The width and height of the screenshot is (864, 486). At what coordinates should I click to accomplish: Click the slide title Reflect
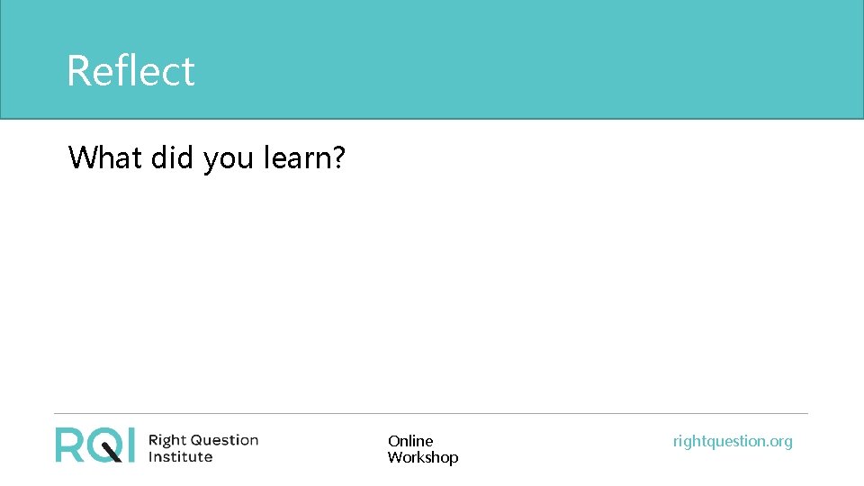click(x=130, y=71)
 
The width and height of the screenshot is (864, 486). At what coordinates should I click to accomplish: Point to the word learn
click(x=296, y=157)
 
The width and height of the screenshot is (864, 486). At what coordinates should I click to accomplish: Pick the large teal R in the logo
click(x=69, y=445)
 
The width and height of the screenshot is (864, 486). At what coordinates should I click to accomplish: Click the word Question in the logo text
click(x=222, y=440)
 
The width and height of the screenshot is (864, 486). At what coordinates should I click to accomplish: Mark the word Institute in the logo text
click(x=180, y=456)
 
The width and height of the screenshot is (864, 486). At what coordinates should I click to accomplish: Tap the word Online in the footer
click(x=410, y=441)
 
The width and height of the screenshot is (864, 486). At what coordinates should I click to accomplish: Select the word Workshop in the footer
click(x=423, y=457)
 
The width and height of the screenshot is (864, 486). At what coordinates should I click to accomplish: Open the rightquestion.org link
click(x=733, y=441)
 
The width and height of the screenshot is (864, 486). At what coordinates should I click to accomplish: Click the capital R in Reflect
click(x=77, y=71)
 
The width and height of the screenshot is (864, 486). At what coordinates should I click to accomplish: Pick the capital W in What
click(x=82, y=157)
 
